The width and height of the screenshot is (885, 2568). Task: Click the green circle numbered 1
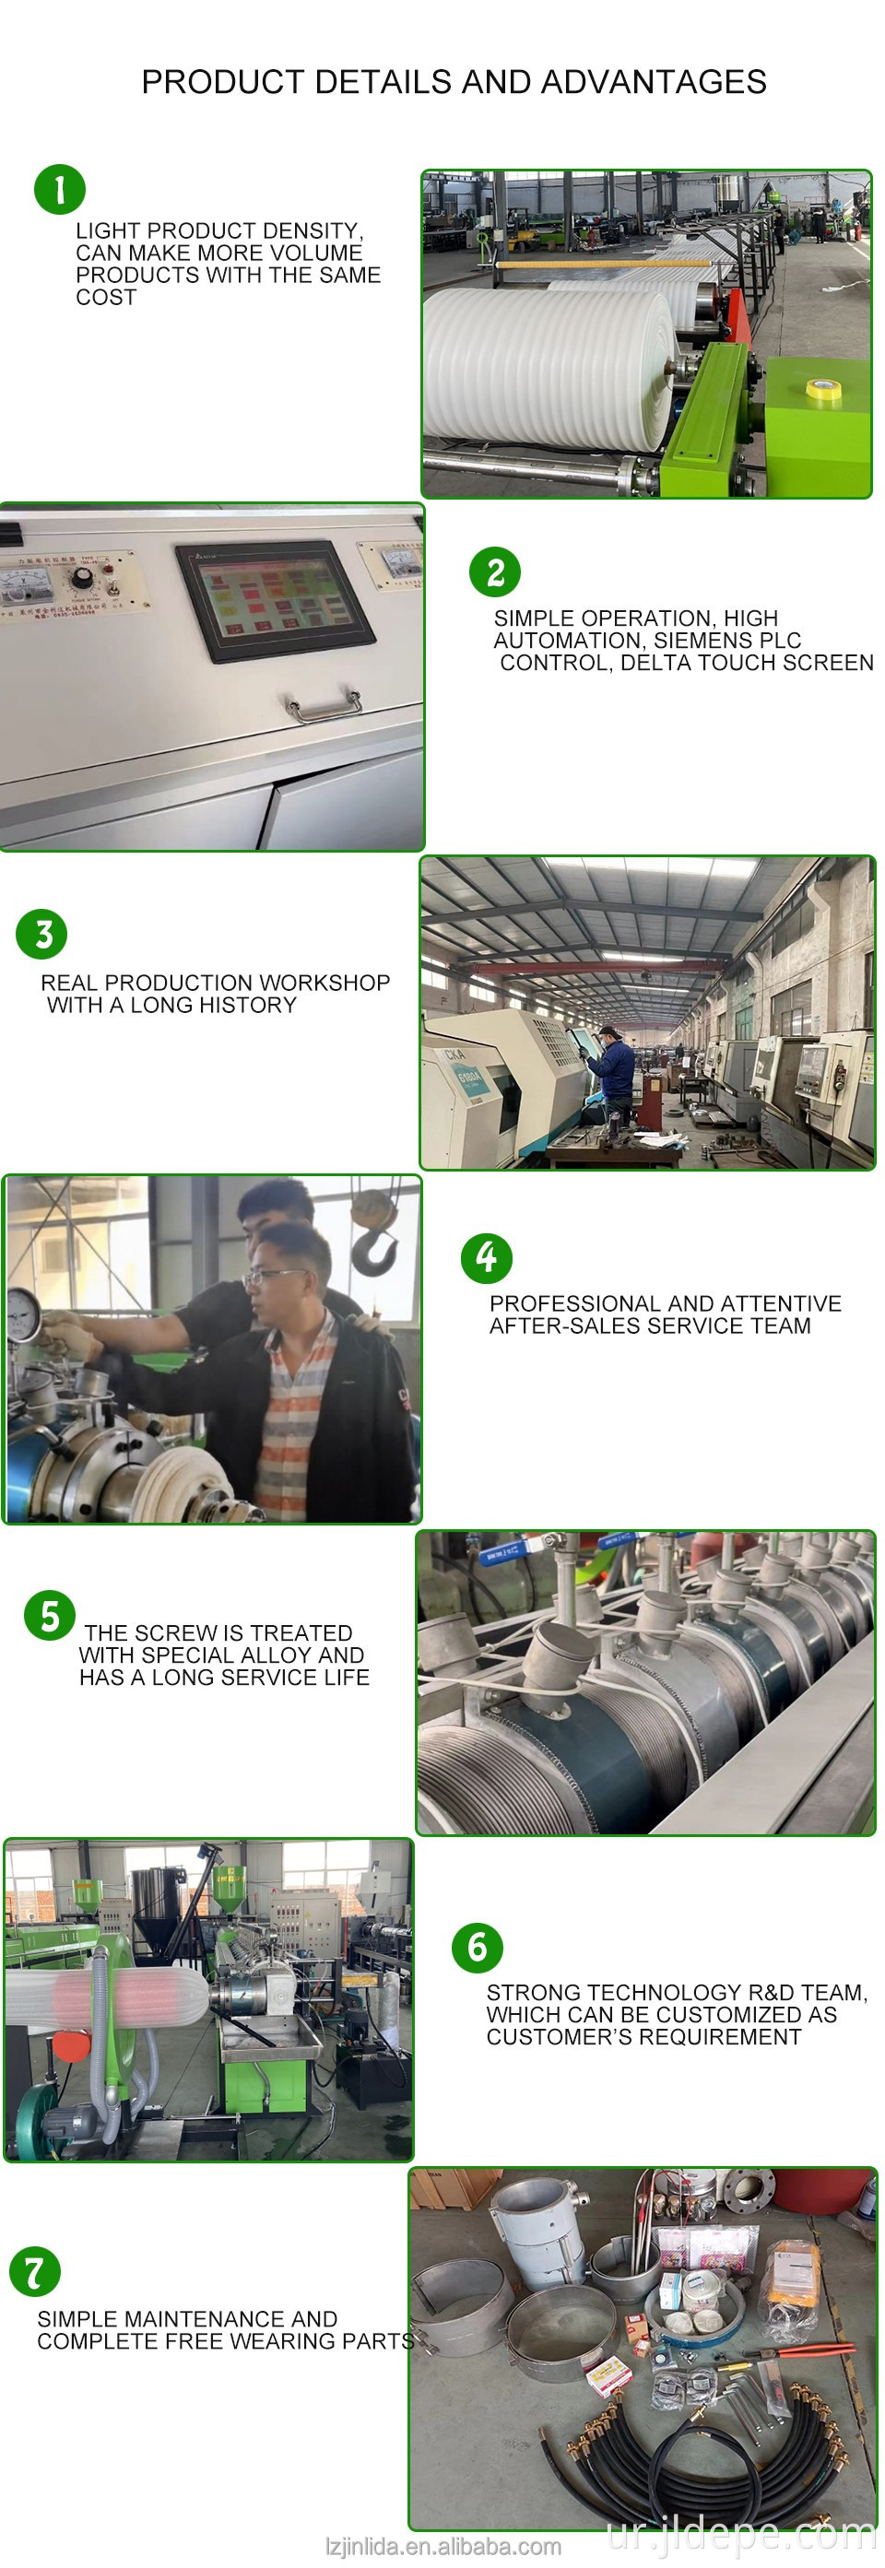60,189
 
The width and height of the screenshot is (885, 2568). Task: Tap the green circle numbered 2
495,572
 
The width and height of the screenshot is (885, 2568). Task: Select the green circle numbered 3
41,934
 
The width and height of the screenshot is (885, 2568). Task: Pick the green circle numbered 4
487,1258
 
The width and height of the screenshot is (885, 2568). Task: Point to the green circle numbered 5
50,1615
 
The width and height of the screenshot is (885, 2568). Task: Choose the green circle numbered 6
478,1948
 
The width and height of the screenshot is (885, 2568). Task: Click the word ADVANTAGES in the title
662,82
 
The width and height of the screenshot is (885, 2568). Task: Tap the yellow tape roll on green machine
821,390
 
